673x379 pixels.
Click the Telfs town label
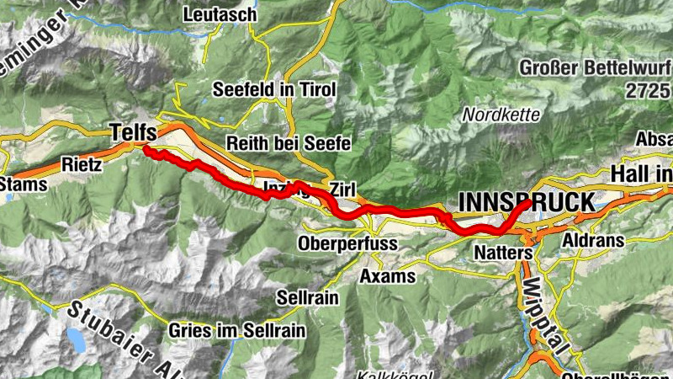click(133, 131)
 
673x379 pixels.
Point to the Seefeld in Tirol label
click(274, 89)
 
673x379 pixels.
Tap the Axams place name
click(387, 275)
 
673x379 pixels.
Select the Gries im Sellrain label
click(230, 330)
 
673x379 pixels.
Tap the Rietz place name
click(82, 165)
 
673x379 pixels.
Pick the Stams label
click(18, 184)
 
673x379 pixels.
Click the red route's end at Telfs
click(146, 150)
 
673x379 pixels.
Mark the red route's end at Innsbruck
click(528, 203)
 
